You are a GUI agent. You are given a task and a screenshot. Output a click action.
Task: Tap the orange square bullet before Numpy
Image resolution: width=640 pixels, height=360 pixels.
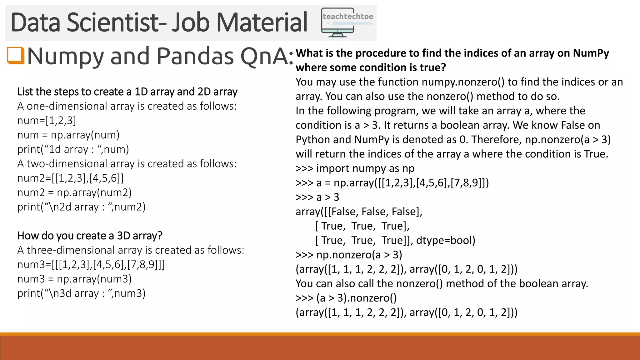click(15, 56)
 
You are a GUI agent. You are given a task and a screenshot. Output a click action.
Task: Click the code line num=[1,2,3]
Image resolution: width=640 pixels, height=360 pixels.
click(47, 120)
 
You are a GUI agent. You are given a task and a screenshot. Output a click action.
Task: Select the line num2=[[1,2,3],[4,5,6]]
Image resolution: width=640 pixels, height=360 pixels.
click(71, 178)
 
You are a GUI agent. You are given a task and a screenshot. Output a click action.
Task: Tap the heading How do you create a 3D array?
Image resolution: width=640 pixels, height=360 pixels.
click(90, 236)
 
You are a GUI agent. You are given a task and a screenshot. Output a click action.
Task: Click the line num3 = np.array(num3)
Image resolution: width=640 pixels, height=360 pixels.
click(75, 279)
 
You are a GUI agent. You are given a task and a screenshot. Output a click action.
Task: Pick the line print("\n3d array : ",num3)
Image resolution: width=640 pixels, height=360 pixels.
click(82, 293)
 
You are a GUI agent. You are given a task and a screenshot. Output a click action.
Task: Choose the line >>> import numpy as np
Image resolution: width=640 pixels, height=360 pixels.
click(355, 168)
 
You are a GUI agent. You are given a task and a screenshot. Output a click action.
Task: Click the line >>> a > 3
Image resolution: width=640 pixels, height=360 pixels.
click(317, 197)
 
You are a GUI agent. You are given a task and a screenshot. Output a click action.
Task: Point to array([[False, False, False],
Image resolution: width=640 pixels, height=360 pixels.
click(359, 212)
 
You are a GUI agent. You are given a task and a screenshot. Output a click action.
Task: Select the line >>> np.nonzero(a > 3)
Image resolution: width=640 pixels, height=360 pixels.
click(349, 255)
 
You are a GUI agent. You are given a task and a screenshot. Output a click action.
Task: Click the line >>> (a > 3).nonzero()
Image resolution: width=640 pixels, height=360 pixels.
click(346, 298)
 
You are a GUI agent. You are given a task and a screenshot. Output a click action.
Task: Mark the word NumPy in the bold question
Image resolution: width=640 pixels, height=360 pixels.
click(591, 53)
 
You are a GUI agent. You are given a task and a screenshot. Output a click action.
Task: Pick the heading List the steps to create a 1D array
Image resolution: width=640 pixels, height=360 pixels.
click(127, 92)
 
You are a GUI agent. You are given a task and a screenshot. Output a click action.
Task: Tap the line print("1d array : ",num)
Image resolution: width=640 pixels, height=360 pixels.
click(73, 149)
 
